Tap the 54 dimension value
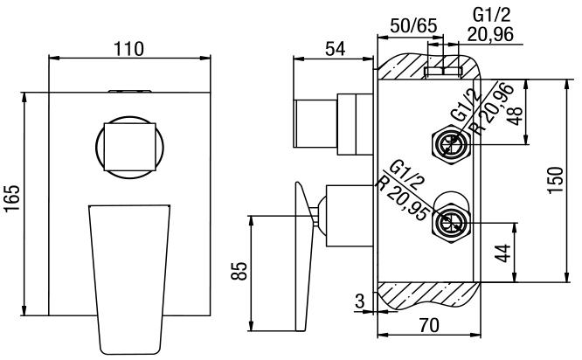point(335,49)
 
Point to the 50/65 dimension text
point(413,25)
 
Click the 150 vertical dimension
point(554,180)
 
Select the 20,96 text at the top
point(491,35)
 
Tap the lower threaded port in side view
point(452,223)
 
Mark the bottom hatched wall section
point(428,296)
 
